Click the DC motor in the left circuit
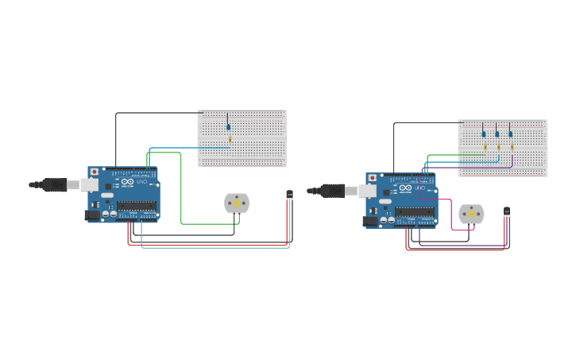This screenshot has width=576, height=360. pos(237,203)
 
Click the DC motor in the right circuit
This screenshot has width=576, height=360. pos(471,215)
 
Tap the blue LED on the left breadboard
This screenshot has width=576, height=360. pos(228,126)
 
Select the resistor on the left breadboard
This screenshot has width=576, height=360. pos(230,140)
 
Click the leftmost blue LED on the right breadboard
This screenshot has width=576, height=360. pos(483,134)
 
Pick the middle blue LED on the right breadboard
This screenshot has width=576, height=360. pos(497,134)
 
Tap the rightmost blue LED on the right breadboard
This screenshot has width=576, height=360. pos(511,134)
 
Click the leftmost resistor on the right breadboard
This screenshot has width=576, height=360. pos(485,147)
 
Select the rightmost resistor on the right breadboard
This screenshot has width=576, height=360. pos(512,147)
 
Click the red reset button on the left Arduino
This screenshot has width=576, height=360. pos(95,172)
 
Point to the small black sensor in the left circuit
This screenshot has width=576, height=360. pos(289,194)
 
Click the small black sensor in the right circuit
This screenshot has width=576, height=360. pos(507,211)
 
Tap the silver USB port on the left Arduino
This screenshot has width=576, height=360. pos(88,185)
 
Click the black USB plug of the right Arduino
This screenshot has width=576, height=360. pos(332,191)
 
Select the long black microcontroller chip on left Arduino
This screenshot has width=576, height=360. pos(137,205)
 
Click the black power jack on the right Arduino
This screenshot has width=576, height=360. pos(370,222)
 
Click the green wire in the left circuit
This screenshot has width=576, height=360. pos(181,199)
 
